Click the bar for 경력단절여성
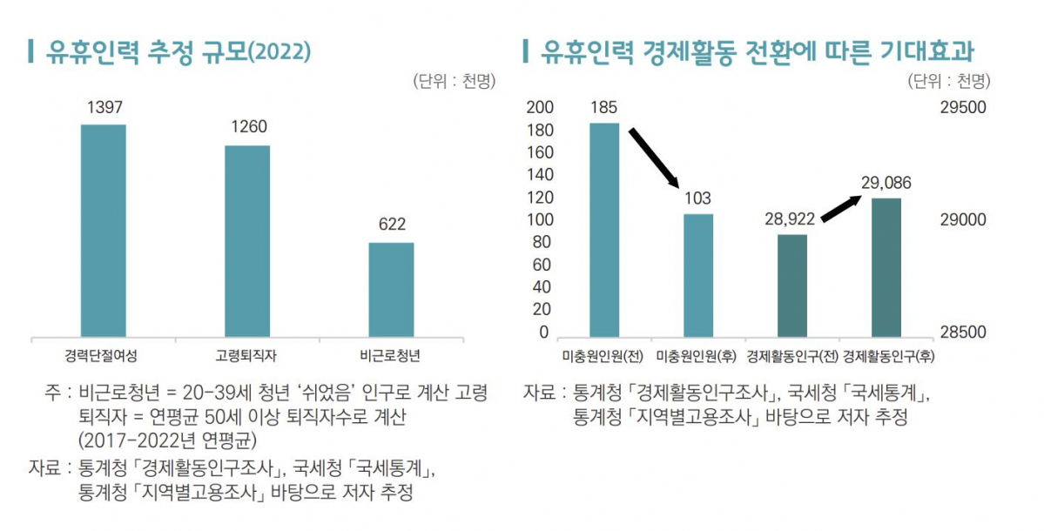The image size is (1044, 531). [103, 230]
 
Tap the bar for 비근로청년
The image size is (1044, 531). [391, 289]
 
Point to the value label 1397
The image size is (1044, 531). [104, 107]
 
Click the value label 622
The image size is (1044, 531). [392, 225]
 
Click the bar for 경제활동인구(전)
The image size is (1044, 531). [792, 286]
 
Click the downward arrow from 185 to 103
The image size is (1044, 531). [653, 158]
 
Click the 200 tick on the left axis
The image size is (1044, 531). [540, 107]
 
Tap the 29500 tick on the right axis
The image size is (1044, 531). [962, 107]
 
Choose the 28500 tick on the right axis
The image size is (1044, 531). [962, 332]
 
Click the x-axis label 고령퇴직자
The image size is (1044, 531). [246, 356]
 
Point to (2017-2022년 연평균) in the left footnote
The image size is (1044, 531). [165, 437]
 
